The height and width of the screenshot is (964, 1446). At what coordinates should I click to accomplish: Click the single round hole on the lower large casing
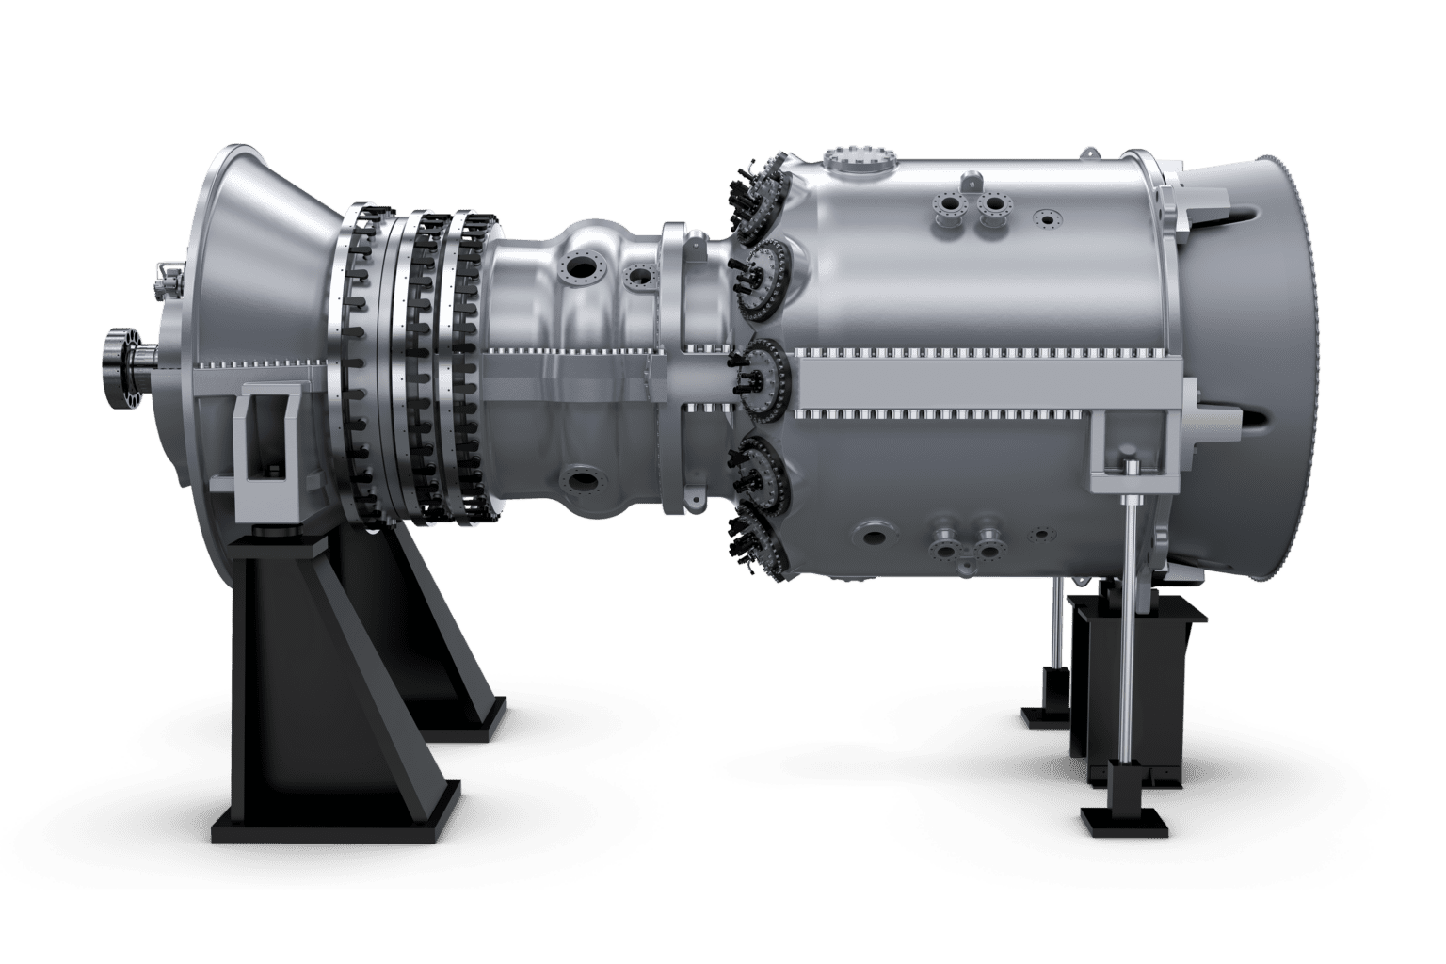pyautogui.click(x=875, y=538)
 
